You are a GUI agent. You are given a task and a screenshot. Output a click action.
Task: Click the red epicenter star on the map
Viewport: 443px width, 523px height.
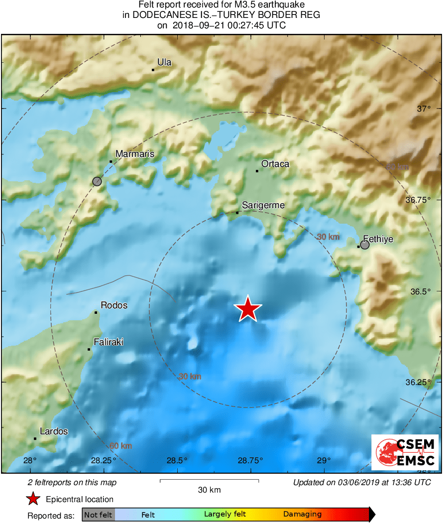(x=248, y=309)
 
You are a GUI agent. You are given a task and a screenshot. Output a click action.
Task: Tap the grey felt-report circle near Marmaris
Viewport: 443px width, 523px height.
(x=97, y=181)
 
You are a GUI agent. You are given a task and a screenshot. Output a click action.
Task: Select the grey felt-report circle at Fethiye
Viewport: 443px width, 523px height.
(x=365, y=245)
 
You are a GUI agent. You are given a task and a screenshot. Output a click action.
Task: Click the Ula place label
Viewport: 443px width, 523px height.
(x=164, y=62)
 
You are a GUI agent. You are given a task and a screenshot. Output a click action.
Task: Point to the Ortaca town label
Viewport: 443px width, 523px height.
(x=275, y=164)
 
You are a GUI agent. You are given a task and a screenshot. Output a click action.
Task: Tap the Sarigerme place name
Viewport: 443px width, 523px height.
(x=263, y=205)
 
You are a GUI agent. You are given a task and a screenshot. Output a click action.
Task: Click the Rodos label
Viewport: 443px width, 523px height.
(x=114, y=305)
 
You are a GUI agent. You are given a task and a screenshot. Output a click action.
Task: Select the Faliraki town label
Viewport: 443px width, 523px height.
(x=109, y=342)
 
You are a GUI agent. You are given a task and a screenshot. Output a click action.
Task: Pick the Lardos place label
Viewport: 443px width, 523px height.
(x=54, y=431)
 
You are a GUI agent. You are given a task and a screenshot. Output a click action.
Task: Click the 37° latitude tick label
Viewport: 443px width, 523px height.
(x=423, y=109)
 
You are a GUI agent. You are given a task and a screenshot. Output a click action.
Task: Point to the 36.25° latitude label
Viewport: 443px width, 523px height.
(x=418, y=382)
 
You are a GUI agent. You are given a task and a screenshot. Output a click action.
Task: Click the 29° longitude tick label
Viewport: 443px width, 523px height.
(x=324, y=460)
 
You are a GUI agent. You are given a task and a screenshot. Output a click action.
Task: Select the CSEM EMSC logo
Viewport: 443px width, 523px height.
(x=405, y=452)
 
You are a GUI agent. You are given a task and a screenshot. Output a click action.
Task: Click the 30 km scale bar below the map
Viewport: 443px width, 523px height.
(x=209, y=481)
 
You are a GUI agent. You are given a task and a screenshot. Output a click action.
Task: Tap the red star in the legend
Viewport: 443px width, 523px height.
(x=33, y=499)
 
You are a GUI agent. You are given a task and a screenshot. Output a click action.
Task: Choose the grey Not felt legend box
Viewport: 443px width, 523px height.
(x=98, y=515)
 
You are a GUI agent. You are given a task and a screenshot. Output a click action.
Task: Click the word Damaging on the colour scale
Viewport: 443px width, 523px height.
(x=303, y=515)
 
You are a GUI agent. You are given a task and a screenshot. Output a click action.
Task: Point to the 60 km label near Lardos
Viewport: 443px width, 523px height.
(x=120, y=445)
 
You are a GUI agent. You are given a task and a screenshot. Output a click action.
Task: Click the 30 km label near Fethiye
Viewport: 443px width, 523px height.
(x=329, y=237)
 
